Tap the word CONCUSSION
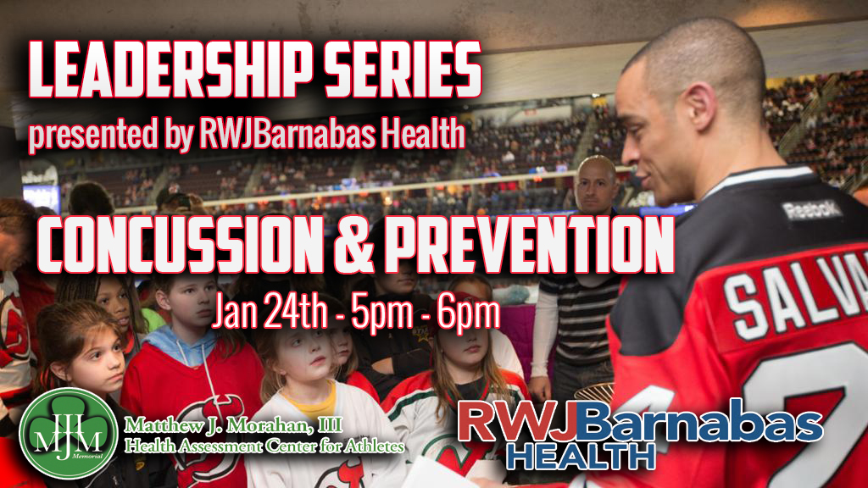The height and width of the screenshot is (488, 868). pyautogui.click(x=181, y=245)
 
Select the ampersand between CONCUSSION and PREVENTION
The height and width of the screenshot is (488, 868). pyautogui.click(x=354, y=245)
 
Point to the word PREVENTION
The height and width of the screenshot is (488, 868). pyautogui.click(x=530, y=245)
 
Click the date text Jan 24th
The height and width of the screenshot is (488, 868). pyautogui.click(x=270, y=313)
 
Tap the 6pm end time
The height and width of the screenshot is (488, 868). pyautogui.click(x=468, y=313)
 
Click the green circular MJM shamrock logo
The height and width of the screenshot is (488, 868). pyautogui.click(x=69, y=433)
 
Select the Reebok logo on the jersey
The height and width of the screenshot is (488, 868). pyautogui.click(x=812, y=210)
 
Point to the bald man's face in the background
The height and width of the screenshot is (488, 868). pyautogui.click(x=596, y=187)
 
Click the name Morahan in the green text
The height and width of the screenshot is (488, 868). pyautogui.click(x=267, y=425)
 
